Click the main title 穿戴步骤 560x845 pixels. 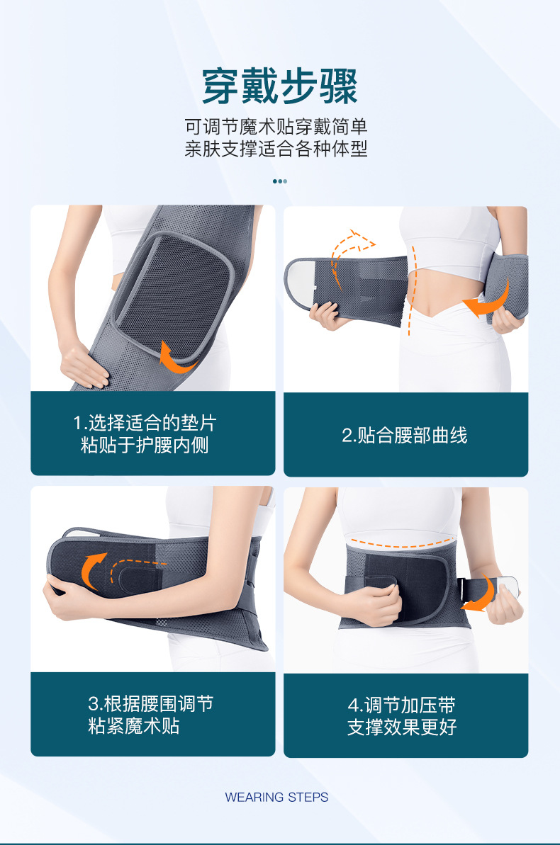coord(280,86)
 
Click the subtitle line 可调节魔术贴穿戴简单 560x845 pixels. coord(276,127)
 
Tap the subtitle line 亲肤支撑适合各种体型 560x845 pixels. coord(276,148)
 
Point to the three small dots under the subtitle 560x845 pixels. coord(280,181)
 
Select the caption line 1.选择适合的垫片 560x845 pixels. coord(145,423)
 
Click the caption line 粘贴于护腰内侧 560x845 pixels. coord(145,445)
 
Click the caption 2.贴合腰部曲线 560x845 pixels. coord(405,435)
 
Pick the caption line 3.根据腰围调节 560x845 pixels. coord(151,704)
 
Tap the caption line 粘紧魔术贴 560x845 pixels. coord(134,726)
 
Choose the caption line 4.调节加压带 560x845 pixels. coord(402,705)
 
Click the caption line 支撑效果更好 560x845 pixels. coord(402,727)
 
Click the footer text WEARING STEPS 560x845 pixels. coord(276,797)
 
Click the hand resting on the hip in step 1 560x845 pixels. coord(84,366)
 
